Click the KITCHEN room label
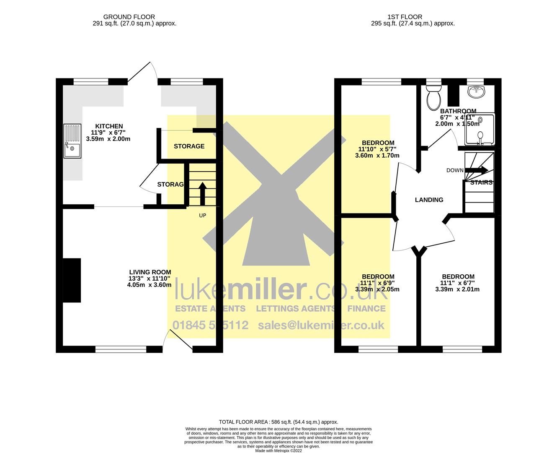pyautogui.click(x=109, y=126)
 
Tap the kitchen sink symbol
pyautogui.click(x=72, y=141)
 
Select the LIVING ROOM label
pyautogui.click(x=150, y=272)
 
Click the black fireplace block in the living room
pyautogui.click(x=72, y=280)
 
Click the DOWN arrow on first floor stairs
pyautogui.click(x=477, y=170)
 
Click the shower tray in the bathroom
pyautogui.click(x=480, y=129)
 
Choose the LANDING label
pyautogui.click(x=429, y=200)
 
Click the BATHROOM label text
pyautogui.click(x=458, y=111)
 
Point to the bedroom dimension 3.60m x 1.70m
pyautogui.click(x=377, y=156)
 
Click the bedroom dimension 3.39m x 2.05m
pyautogui.click(x=377, y=289)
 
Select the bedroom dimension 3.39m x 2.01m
pyautogui.click(x=457, y=289)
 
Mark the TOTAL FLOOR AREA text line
pyautogui.click(x=278, y=422)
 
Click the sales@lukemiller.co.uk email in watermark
pyautogui.click(x=321, y=325)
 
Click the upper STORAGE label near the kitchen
pyautogui.click(x=189, y=146)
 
